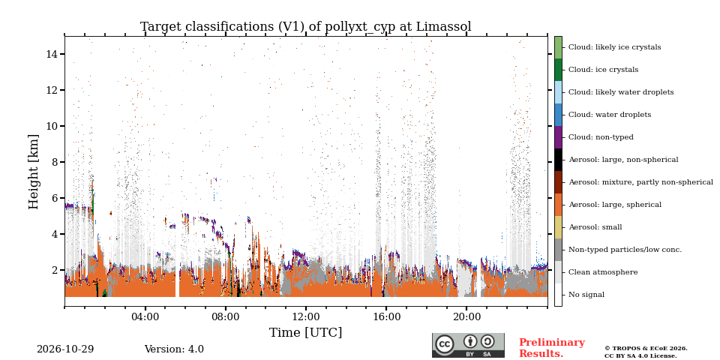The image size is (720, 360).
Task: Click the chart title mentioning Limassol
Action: pyautogui.click(x=306, y=27)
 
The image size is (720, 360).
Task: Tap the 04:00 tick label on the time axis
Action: pyautogui.click(x=145, y=316)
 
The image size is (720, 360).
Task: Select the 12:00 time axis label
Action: pyautogui.click(x=306, y=316)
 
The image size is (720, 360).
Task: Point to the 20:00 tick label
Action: pyautogui.click(x=466, y=316)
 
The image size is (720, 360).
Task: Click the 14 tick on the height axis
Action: pyautogui.click(x=52, y=54)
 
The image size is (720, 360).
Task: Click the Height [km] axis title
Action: pyautogui.click(x=34, y=172)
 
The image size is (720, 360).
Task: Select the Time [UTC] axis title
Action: pyautogui.click(x=306, y=332)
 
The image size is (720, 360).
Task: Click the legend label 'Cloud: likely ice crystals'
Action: pyautogui.click(x=615, y=46)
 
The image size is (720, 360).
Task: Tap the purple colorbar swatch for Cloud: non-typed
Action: pyautogui.click(x=558, y=137)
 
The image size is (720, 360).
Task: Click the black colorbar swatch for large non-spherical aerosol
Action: pyautogui.click(x=558, y=160)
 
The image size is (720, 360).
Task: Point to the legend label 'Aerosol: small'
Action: pyautogui.click(x=595, y=227)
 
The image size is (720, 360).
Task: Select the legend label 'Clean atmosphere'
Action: pyautogui.click(x=603, y=272)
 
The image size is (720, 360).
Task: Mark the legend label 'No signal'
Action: pyautogui.click(x=586, y=295)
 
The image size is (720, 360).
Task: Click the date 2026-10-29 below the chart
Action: pyautogui.click(x=65, y=349)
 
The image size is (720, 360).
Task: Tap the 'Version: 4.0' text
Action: pyautogui.click(x=174, y=349)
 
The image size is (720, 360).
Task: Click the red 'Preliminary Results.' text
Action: pyautogui.click(x=552, y=348)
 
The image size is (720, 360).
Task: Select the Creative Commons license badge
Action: pyautogui.click(x=468, y=345)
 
